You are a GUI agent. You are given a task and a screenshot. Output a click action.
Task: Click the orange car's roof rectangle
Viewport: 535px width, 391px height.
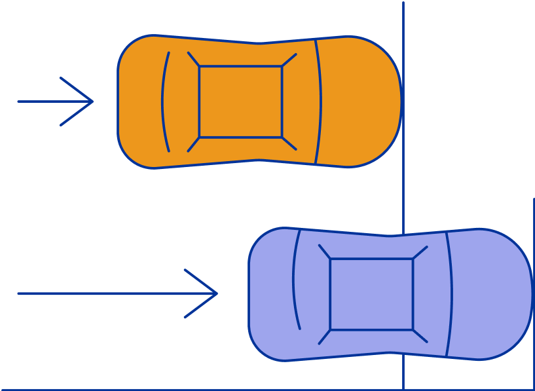240,102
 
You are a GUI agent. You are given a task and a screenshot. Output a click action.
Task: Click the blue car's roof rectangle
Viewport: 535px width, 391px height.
371,294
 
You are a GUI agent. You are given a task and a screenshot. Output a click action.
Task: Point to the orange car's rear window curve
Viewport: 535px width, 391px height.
163,102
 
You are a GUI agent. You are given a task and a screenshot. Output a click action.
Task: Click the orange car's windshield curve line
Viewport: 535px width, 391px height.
320,102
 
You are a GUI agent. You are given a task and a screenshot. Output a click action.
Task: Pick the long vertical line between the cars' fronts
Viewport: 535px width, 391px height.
403,196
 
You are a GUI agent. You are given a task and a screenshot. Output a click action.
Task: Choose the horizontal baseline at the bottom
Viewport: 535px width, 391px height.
196,390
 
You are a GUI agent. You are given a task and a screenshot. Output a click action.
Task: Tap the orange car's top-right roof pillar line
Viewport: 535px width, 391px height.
289,60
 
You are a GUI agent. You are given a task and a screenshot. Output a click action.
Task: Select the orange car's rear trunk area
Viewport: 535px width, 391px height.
139,102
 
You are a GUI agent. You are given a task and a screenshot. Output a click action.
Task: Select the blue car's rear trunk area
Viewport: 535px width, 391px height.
270,294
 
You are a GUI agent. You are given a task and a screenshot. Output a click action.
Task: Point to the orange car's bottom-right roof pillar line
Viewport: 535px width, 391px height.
289,143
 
